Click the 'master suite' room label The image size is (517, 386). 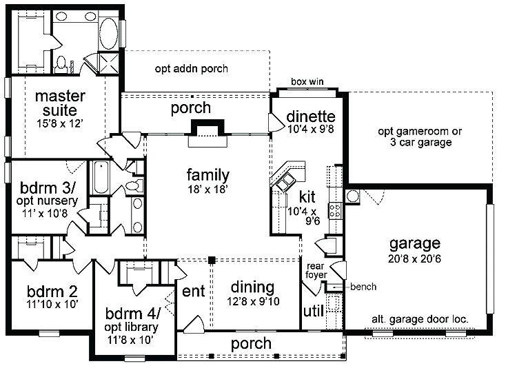pos(60,103)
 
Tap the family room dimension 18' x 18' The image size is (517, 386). pos(207,190)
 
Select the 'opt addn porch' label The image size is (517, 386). pos(191,68)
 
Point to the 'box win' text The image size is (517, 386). pos(307,81)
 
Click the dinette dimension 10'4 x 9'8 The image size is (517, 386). pos(311,129)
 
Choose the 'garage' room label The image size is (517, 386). pos(415,244)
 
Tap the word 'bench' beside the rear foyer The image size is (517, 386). pos(363,287)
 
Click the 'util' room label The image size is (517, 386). pos(313,310)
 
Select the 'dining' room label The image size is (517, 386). pos(252,287)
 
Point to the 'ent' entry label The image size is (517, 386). pos(194,291)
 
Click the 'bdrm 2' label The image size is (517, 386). pos(52,292)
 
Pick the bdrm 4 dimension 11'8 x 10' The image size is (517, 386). pos(130,340)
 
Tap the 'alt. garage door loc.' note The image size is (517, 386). pos(420,319)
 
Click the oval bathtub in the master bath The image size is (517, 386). pos(108,34)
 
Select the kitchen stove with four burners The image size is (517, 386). pos(335,211)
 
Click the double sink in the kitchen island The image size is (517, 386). pos(285,182)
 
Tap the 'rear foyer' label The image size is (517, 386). pos(316,270)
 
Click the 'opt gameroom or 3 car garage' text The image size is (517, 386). pos(420,136)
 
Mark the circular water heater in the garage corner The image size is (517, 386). pos(352,196)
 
